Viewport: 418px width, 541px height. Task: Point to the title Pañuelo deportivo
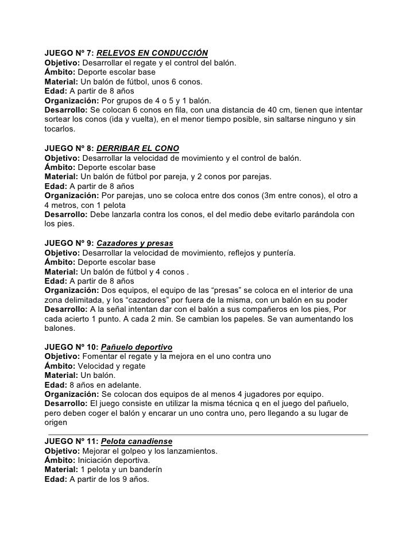(x=137, y=347)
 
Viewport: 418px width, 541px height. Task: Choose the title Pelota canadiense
(x=136, y=442)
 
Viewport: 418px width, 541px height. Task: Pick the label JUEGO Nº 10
(x=71, y=347)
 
